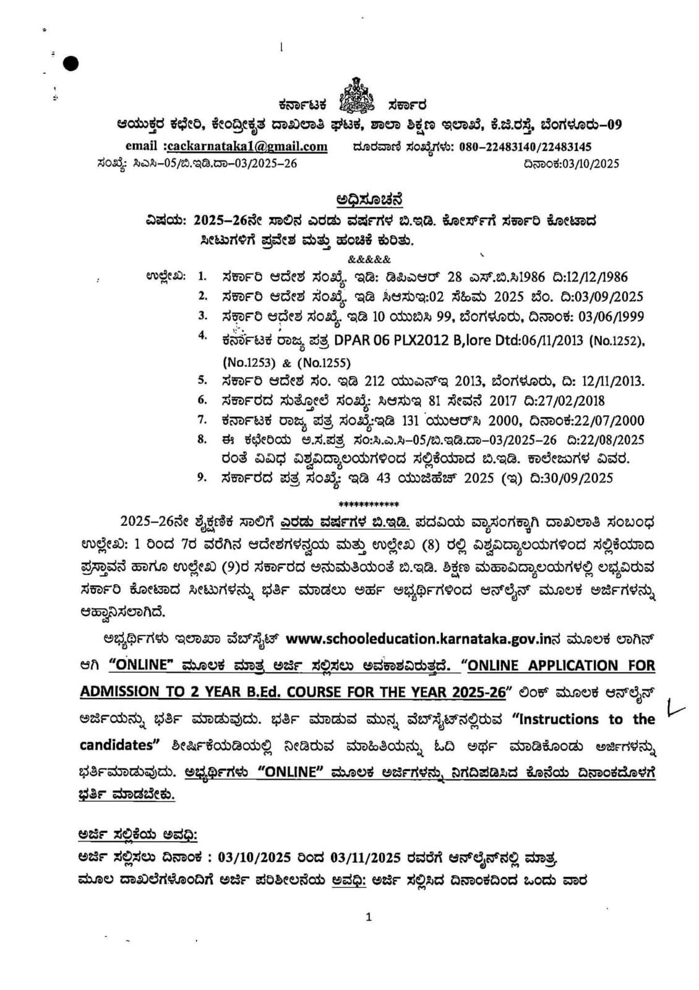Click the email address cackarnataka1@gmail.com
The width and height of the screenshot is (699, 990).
pyautogui.click(x=247, y=147)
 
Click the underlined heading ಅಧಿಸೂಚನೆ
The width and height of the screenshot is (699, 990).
pyautogui.click(x=370, y=199)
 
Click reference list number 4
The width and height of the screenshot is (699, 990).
pyautogui.click(x=202, y=336)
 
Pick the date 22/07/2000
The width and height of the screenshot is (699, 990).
pyautogui.click(x=605, y=421)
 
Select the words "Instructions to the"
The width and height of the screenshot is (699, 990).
pyautogui.click(x=583, y=719)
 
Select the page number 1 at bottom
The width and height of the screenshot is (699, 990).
pyautogui.click(x=369, y=917)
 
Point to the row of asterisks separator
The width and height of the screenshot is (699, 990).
pyautogui.click(x=369, y=504)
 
